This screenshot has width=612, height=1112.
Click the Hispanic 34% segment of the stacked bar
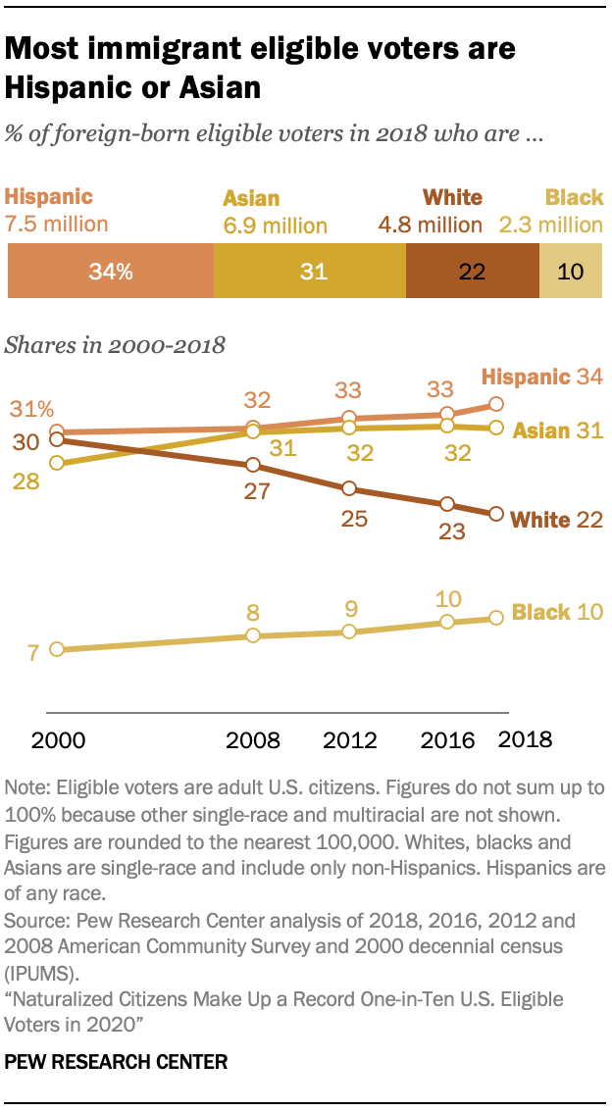click(x=110, y=272)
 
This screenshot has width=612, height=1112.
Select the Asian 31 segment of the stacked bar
click(x=309, y=272)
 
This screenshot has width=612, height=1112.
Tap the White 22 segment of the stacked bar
click(x=472, y=272)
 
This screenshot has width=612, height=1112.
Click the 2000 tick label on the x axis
click(x=58, y=739)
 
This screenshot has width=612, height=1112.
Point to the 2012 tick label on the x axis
click(x=349, y=739)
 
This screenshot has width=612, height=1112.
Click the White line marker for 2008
click(x=253, y=465)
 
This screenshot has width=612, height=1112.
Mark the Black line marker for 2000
click(x=57, y=649)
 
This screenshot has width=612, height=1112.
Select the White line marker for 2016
click(x=447, y=504)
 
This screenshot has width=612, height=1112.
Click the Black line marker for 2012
click(x=349, y=632)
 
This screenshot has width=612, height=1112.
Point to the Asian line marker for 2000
click(x=57, y=462)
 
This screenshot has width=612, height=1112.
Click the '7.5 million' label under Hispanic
click(x=57, y=224)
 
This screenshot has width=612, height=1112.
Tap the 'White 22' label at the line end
click(x=558, y=520)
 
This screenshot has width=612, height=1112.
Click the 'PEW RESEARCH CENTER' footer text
click(x=116, y=1061)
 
